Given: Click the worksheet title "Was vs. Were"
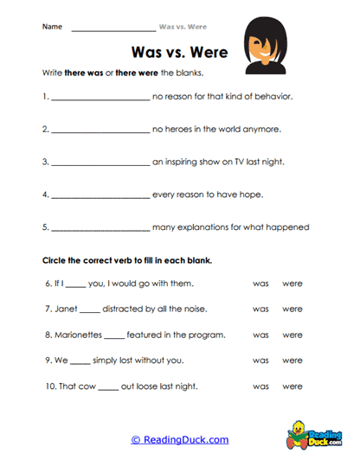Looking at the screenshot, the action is coord(178,52).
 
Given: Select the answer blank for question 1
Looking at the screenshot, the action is coord(100,98).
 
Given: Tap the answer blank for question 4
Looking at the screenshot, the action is coord(100,195).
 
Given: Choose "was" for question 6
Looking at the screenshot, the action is coord(260,284).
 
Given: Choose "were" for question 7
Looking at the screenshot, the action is coord(292,309).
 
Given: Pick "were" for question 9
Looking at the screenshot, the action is coord(292,361).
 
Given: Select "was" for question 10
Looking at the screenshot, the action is coord(260,386).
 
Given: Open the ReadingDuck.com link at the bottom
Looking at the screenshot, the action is coord(180,439).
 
